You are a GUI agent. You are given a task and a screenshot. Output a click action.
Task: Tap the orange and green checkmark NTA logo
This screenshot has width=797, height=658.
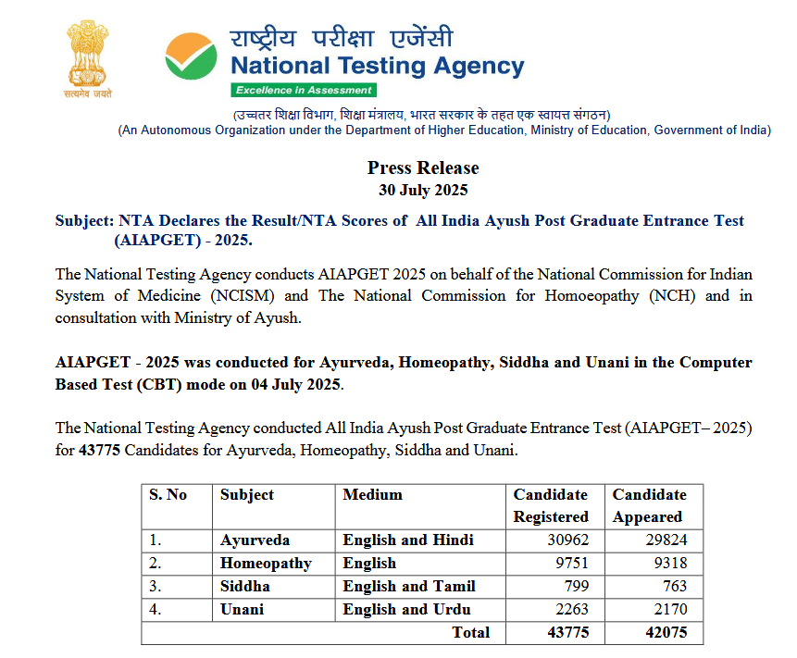click(192, 56)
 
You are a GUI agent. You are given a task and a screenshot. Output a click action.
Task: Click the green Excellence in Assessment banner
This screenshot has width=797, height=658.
click(304, 90)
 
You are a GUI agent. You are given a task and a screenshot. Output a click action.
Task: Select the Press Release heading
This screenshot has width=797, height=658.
click(423, 168)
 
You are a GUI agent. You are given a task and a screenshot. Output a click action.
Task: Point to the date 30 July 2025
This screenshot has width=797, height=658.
click(423, 191)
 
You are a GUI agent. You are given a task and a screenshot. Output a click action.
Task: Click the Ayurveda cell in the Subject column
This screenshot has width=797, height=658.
click(255, 540)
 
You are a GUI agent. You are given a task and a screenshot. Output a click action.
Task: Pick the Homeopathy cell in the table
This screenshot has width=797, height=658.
click(266, 564)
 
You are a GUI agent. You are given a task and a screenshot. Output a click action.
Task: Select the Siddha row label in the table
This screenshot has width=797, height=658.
click(245, 587)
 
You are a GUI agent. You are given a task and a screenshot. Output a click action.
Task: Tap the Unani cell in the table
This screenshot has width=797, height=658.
click(242, 610)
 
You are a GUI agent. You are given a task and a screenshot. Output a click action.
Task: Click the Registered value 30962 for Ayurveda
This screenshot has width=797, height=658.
click(564, 540)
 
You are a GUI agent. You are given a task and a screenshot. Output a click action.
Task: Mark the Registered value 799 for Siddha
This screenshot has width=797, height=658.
click(574, 587)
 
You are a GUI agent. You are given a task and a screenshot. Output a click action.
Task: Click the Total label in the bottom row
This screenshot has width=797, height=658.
click(470, 633)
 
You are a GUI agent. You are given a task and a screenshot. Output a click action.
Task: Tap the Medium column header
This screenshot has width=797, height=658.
click(372, 495)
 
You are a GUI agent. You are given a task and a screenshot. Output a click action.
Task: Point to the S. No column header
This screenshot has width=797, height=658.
click(168, 495)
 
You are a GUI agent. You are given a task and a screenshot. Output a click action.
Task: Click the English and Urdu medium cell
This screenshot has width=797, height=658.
click(406, 610)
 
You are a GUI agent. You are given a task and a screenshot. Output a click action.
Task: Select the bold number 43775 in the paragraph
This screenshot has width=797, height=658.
click(99, 452)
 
